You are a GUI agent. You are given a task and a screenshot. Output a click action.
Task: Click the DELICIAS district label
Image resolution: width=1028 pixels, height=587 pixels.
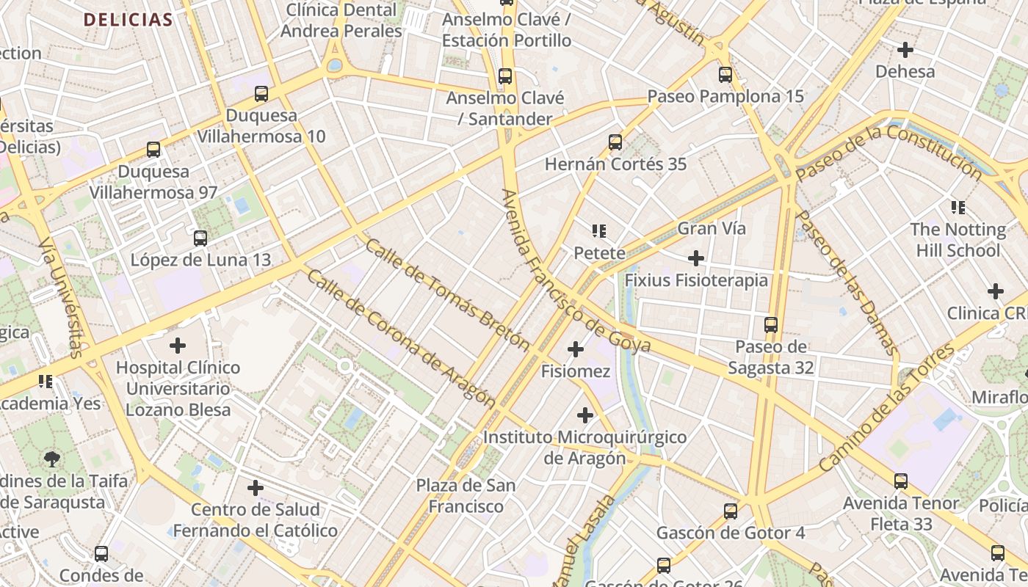point(128,20)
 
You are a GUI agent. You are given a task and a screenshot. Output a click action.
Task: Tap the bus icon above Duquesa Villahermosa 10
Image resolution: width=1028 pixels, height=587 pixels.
point(261,94)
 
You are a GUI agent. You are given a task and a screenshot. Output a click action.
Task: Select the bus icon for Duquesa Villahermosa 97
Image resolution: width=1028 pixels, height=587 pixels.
point(153,150)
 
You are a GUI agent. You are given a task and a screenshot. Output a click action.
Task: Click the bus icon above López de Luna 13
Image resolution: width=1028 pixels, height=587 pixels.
point(200,238)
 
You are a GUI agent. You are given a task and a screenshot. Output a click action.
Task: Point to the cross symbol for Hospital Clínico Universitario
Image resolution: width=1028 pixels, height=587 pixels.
point(178,345)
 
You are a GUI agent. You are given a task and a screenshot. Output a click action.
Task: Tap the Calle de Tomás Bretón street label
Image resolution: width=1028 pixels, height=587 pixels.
point(446,293)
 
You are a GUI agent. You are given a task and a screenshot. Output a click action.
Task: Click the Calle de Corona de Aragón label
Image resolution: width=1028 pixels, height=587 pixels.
point(400,338)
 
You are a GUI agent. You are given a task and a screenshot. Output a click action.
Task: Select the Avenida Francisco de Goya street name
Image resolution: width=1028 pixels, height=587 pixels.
point(576,271)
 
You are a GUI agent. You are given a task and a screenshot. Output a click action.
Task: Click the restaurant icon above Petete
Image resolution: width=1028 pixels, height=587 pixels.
point(599,232)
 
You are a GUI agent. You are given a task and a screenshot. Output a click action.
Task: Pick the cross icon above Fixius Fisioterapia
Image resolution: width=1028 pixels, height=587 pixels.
point(695,258)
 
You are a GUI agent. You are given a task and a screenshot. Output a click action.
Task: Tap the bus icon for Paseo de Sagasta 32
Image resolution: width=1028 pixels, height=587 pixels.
point(771,325)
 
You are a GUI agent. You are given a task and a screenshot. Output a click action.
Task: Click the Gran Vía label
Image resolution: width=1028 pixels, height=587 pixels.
point(711,228)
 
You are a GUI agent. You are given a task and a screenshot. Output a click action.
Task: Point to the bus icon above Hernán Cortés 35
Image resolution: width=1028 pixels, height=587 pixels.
point(615,142)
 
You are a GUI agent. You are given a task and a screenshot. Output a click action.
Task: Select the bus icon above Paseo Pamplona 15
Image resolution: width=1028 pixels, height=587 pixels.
point(725,75)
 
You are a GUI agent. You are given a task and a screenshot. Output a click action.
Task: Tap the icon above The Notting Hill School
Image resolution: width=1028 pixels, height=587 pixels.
point(958,208)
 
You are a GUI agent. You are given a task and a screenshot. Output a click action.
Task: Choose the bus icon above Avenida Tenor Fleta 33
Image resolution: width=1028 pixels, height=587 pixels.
point(901,482)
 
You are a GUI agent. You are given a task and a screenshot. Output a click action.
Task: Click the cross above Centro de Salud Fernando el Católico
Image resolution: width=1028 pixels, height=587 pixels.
point(256,487)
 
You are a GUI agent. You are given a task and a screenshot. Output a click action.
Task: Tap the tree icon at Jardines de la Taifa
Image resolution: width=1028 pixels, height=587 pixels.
point(52,460)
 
